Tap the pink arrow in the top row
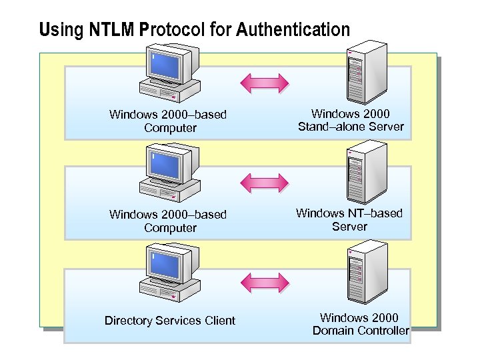[265, 82]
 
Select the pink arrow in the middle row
[265, 182]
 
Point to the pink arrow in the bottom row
[265, 281]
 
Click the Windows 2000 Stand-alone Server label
[351, 121]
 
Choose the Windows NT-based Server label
[349, 220]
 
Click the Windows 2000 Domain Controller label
[360, 324]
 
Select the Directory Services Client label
[170, 321]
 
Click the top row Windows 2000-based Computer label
[168, 121]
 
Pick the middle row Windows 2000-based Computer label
[168, 221]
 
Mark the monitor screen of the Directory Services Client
[165, 265]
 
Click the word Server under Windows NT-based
[349, 227]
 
